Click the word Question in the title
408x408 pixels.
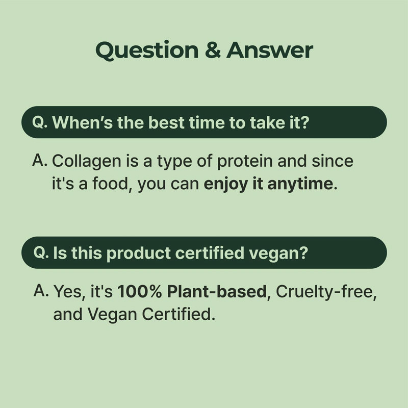click(x=147, y=50)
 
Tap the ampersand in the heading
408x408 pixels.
click(x=213, y=49)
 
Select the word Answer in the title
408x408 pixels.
click(x=270, y=49)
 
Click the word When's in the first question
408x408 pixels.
click(x=83, y=122)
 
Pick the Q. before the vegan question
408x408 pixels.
click(x=41, y=252)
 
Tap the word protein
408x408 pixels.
click(x=245, y=161)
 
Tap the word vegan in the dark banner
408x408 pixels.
click(x=278, y=253)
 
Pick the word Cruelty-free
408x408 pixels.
click(x=326, y=291)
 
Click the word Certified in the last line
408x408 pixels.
click(x=178, y=314)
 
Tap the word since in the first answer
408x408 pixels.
click(x=333, y=161)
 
